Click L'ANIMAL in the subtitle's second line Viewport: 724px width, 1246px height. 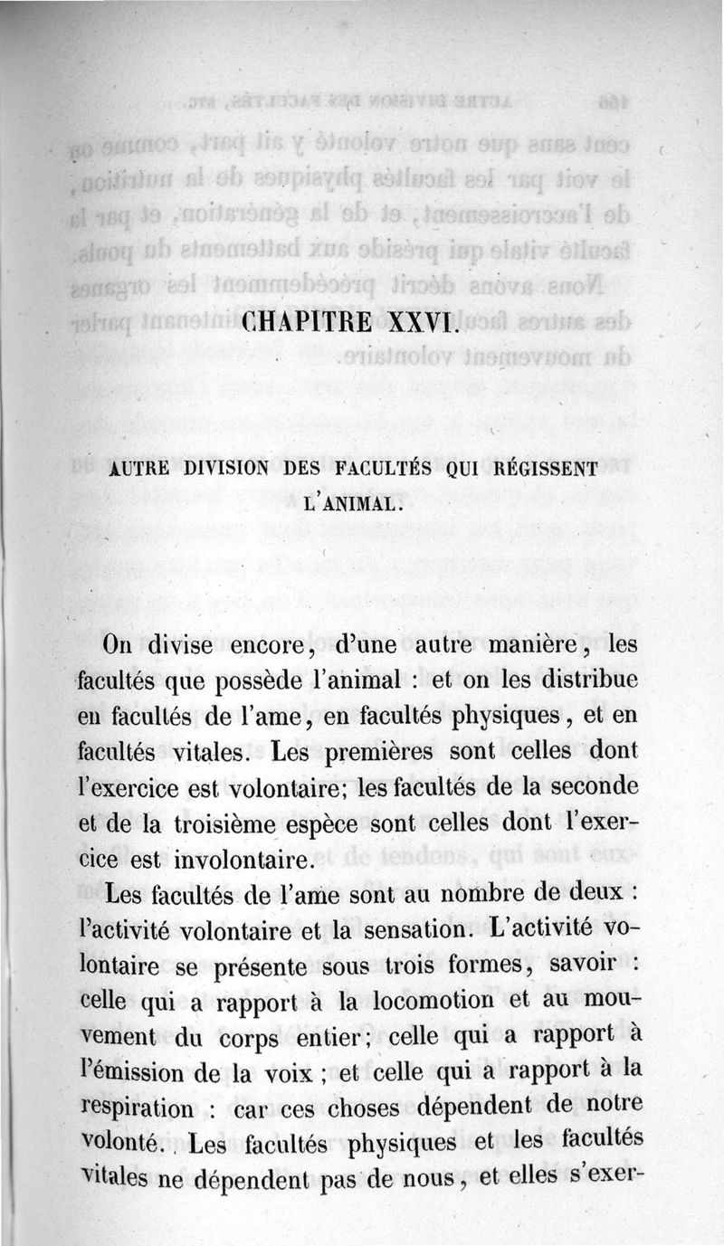tap(352, 501)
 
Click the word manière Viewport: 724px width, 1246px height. tap(525, 645)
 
